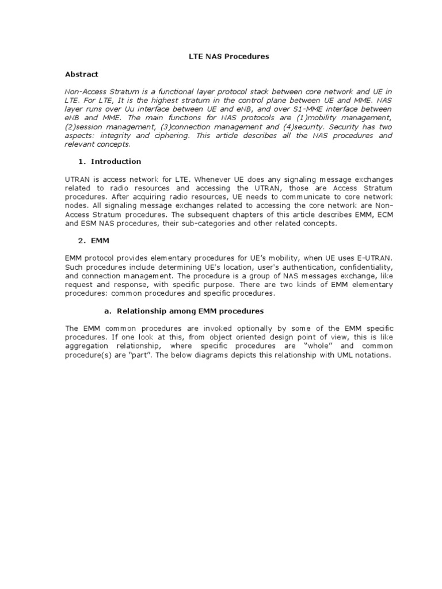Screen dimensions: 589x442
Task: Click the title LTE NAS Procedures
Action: tap(222, 57)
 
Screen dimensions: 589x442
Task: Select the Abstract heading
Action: tap(81, 74)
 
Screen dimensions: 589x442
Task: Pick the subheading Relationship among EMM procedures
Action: tap(190, 311)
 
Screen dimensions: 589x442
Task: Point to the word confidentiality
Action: tap(358, 267)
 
